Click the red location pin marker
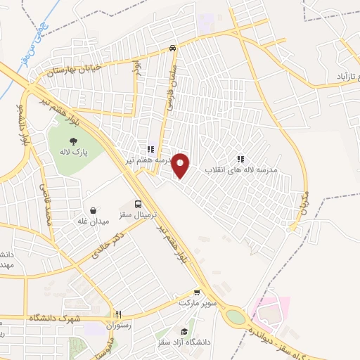coord(181,166)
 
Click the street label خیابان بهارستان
coord(75,68)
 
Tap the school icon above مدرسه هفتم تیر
coord(150,149)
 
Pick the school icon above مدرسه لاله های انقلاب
coord(242,159)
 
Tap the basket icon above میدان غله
coord(92,210)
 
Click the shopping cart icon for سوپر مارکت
coord(198,294)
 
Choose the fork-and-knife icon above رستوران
coord(119,314)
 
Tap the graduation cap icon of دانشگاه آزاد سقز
coord(184,331)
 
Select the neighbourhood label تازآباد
coord(340,75)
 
